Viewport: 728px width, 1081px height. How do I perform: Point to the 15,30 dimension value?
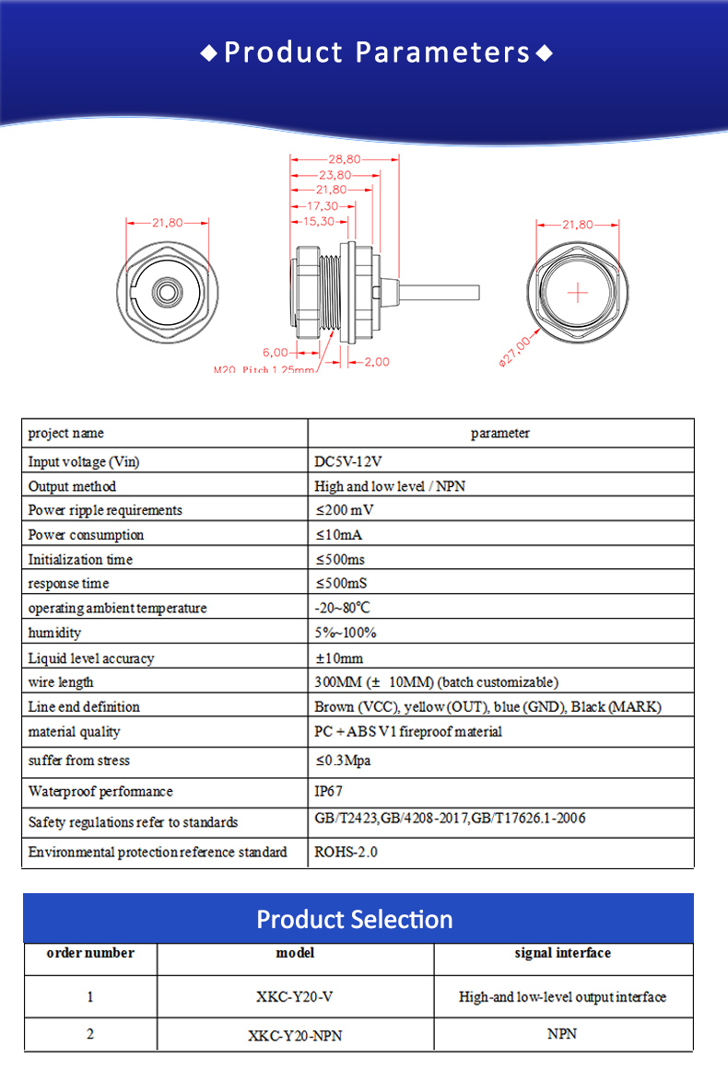click(319, 221)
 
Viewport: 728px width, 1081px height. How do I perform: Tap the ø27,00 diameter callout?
click(515, 353)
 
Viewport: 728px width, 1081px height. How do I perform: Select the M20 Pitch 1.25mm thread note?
click(264, 370)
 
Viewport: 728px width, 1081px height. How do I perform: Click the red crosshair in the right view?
click(578, 293)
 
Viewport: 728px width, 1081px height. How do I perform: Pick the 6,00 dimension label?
click(276, 353)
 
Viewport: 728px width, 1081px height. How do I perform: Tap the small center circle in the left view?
click(167, 292)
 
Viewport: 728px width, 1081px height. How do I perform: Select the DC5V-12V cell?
click(348, 461)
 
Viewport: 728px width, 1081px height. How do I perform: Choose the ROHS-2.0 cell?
click(346, 852)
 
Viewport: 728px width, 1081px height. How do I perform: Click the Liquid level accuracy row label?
click(91, 658)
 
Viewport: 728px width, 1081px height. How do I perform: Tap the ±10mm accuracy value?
click(339, 658)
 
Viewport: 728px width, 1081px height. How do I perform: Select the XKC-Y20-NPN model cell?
click(295, 1035)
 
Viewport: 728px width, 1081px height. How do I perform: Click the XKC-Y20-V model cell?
click(295, 996)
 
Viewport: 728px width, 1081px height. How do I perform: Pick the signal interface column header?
click(562, 953)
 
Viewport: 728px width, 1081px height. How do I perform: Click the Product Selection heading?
click(355, 919)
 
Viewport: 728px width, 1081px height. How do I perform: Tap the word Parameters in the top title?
click(443, 52)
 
